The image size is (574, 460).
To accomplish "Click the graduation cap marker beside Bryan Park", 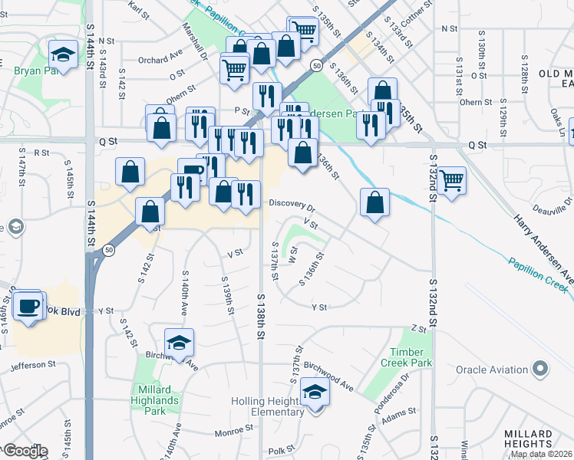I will click(x=63, y=54).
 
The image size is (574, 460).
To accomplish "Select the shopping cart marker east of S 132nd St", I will click(x=452, y=181).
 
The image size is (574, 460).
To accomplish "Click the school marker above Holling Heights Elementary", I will click(x=314, y=393).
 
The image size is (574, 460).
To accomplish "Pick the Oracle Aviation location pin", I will click(x=543, y=369).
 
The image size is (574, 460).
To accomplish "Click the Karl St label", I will click(x=138, y=10).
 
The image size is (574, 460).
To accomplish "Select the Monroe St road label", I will click(x=233, y=432).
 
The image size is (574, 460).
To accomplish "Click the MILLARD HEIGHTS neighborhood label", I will click(x=528, y=439).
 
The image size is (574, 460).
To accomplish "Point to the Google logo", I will click(x=25, y=451).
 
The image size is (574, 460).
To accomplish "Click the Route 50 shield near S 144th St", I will click(x=110, y=250).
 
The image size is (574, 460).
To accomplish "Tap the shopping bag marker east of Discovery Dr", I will click(x=374, y=203).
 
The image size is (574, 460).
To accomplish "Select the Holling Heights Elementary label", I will click(x=268, y=407).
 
